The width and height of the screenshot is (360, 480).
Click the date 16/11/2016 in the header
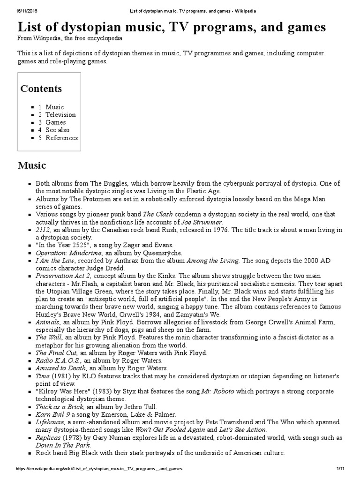click(27, 11)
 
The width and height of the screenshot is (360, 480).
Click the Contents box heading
click(41, 89)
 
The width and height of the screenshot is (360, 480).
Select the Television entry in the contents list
click(60, 114)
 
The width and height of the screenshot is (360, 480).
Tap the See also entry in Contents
click(57, 130)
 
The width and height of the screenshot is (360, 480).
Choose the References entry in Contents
click(62, 138)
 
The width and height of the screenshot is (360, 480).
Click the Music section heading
click(32, 165)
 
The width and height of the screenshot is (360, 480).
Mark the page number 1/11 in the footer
click(341, 469)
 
